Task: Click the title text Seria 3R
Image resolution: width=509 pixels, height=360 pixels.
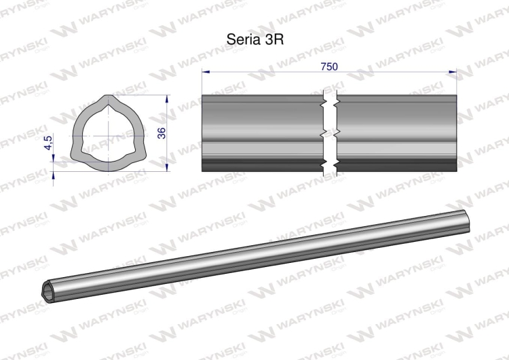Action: tap(254, 39)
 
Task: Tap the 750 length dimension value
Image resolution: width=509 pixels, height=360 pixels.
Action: tap(329, 67)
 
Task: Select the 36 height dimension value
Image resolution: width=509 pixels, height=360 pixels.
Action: tap(162, 133)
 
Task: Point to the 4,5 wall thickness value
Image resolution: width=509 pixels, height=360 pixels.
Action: tap(48, 143)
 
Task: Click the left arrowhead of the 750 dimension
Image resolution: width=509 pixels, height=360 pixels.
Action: tap(206, 72)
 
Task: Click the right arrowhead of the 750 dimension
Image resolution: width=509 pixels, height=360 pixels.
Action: tap(453, 72)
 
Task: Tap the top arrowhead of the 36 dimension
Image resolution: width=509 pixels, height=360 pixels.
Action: tap(167, 98)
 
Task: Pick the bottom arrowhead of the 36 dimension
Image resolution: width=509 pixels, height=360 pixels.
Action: tap(167, 167)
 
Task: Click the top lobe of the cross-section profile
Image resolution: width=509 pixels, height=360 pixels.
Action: tap(108, 99)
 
